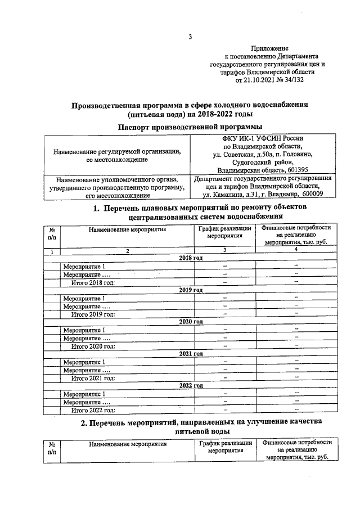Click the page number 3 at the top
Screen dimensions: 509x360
click(190, 38)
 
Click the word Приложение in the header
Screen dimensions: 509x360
click(269, 49)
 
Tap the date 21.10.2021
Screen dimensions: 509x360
click(258, 80)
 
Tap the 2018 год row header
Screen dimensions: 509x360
click(190, 258)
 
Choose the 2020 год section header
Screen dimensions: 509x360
click(190, 322)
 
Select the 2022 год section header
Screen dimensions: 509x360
click(190, 386)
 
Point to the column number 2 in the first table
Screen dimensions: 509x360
click(127, 251)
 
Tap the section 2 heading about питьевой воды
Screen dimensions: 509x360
click(190, 426)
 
